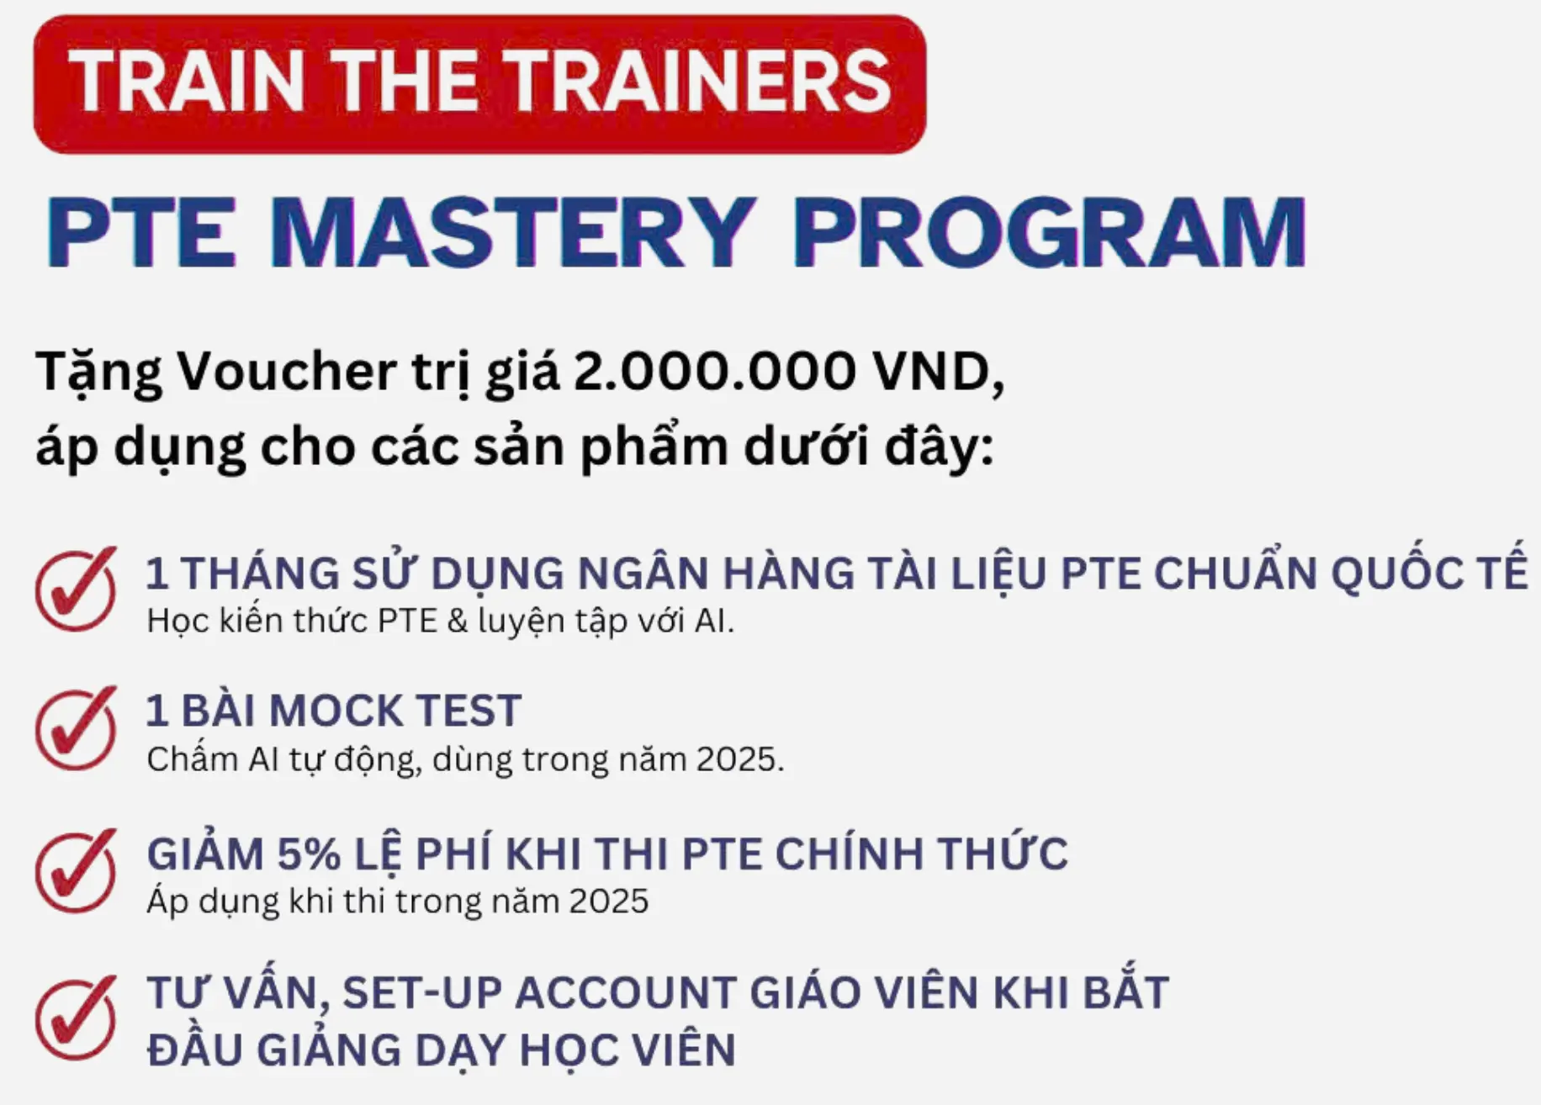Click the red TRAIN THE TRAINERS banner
pyautogui.click(x=479, y=84)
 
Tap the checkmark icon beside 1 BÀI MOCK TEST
pyautogui.click(x=76, y=728)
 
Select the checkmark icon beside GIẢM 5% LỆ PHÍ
pyautogui.click(x=76, y=871)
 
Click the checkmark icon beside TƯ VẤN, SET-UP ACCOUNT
pyautogui.click(x=76, y=1018)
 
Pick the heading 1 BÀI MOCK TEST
pyautogui.click(x=334, y=711)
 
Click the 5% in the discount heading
pyautogui.click(x=309, y=854)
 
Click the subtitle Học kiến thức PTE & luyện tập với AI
pyautogui.click(x=441, y=621)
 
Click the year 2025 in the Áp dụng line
pyautogui.click(x=609, y=901)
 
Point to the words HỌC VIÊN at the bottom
pyautogui.click(x=628, y=1049)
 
